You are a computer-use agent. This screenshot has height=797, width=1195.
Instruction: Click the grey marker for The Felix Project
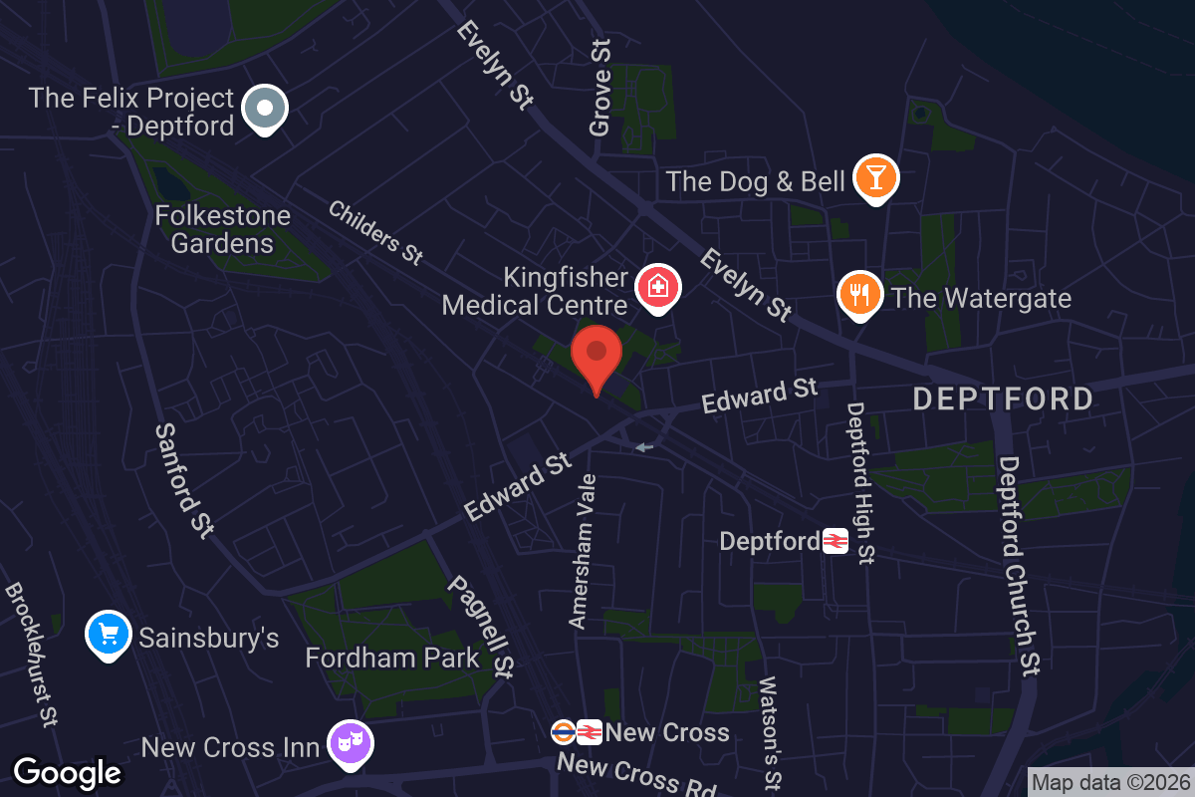click(265, 106)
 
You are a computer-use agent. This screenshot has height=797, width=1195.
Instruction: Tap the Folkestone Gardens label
click(222, 230)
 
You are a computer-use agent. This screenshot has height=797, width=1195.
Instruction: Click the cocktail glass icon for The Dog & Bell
click(876, 177)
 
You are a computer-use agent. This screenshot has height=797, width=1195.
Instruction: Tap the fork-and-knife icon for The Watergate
click(860, 294)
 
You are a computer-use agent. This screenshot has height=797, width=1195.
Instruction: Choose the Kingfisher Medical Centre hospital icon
click(657, 288)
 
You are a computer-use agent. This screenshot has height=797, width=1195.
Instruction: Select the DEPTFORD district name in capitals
click(1003, 399)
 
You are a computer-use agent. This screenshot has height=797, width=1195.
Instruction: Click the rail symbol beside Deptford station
click(835, 542)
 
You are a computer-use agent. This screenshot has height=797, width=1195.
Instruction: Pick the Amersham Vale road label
click(583, 551)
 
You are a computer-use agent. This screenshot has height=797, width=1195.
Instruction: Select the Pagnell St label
click(481, 628)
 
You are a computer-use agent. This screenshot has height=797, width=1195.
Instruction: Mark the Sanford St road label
click(185, 480)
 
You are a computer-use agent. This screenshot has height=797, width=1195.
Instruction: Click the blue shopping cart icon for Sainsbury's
click(109, 634)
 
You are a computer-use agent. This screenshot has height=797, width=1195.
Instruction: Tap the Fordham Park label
click(392, 659)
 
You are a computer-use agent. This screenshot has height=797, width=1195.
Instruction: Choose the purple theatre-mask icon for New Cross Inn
click(350, 742)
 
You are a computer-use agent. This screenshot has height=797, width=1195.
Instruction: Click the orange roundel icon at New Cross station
click(564, 733)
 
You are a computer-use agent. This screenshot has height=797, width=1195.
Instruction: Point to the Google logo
click(68, 772)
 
